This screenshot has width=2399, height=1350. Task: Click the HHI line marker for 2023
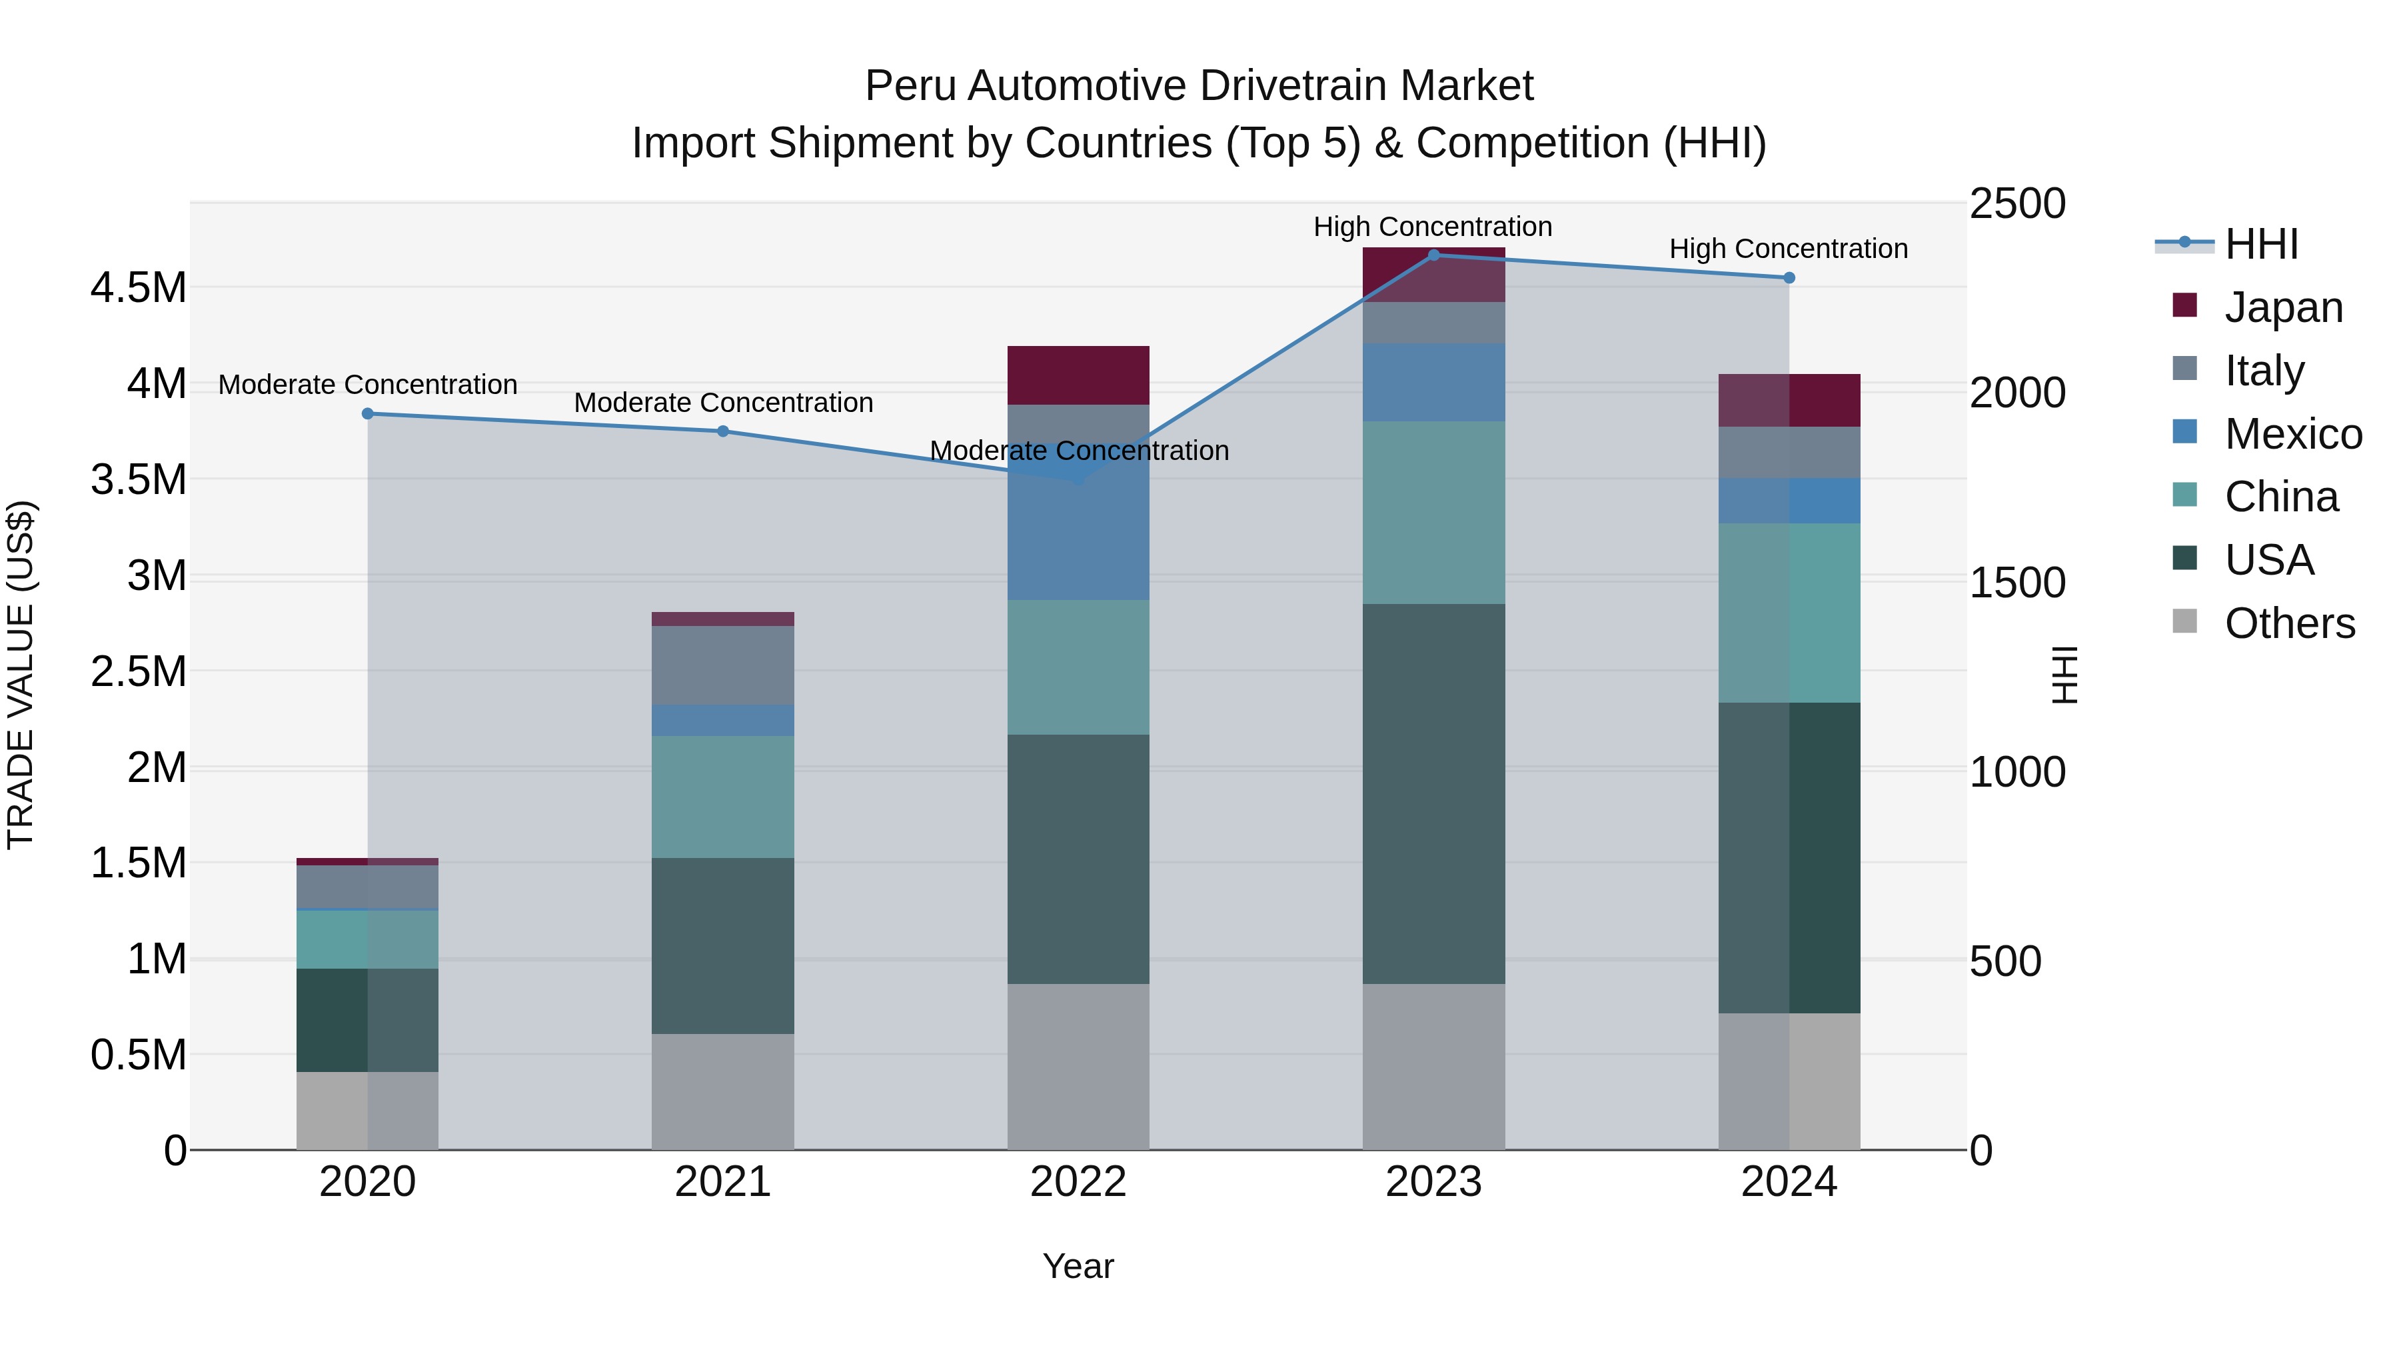(1433, 255)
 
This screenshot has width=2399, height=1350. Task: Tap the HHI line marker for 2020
(368, 413)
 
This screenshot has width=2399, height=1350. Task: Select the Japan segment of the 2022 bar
(1078, 375)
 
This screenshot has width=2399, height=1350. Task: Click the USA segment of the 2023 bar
(1433, 794)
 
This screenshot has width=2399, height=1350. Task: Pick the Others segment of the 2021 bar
(722, 1092)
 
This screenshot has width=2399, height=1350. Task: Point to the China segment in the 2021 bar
(722, 797)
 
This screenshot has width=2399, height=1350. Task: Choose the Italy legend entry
(2263, 371)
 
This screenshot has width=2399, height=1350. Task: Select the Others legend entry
(2288, 623)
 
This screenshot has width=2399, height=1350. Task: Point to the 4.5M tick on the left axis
(139, 288)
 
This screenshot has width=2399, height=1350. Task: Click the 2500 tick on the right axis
(2017, 204)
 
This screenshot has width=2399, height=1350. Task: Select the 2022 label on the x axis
(1078, 1182)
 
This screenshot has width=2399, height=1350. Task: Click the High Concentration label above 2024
(1788, 249)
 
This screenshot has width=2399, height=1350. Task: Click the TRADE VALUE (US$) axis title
(21, 675)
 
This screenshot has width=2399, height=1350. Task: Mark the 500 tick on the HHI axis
(2005, 961)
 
